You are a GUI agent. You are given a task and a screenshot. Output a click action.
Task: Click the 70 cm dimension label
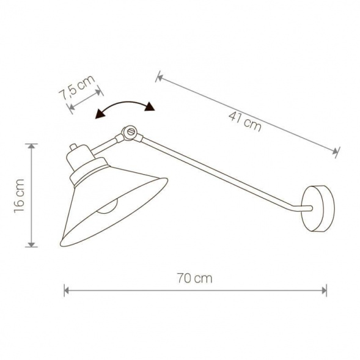pyautogui.click(x=194, y=278)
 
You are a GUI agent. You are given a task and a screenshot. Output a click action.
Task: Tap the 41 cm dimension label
pyautogui.click(x=244, y=122)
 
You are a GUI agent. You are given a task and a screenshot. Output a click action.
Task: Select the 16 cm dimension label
pyautogui.click(x=19, y=196)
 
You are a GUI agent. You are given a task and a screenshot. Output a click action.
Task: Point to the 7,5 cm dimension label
pyautogui.click(x=77, y=87)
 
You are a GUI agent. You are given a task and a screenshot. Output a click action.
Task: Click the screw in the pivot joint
pyautogui.click(x=131, y=131)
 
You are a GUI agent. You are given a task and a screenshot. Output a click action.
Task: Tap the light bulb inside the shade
pyautogui.click(x=107, y=207)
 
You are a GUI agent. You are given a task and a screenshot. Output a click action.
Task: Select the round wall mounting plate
pyautogui.click(x=318, y=208)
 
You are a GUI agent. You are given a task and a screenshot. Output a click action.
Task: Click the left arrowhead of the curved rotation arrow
pyautogui.click(x=100, y=114)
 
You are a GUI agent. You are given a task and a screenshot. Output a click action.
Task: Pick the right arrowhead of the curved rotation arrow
pyautogui.click(x=150, y=106)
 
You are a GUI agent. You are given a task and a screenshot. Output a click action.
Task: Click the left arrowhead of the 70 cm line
pyautogui.click(x=67, y=290)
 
